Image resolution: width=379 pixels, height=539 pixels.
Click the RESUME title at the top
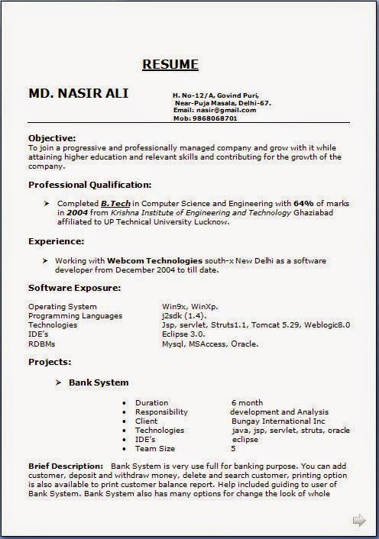pos(170,64)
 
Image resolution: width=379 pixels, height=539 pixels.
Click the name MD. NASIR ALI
pos(79,93)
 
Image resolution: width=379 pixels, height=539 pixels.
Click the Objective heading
pos(52,137)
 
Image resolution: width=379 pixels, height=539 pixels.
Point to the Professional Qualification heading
pos(89,185)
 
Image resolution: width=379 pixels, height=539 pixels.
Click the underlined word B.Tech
pos(115,204)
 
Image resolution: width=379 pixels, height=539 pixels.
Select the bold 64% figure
pos(303,204)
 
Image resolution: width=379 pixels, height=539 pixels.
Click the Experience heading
pos(56,241)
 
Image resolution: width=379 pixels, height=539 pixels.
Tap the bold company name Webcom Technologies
pos(154,260)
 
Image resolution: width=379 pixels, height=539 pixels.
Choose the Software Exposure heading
pos(74,288)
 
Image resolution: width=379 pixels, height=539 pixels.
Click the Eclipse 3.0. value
pos(183,334)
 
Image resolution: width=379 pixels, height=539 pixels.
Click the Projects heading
pos(50,362)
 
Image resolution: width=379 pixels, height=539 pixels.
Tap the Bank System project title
pos(99,382)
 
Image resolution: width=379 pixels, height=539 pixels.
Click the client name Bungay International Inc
pos(278,421)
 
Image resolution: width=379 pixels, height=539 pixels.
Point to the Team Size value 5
pos(234,448)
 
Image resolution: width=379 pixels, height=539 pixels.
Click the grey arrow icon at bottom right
pos(358,521)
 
